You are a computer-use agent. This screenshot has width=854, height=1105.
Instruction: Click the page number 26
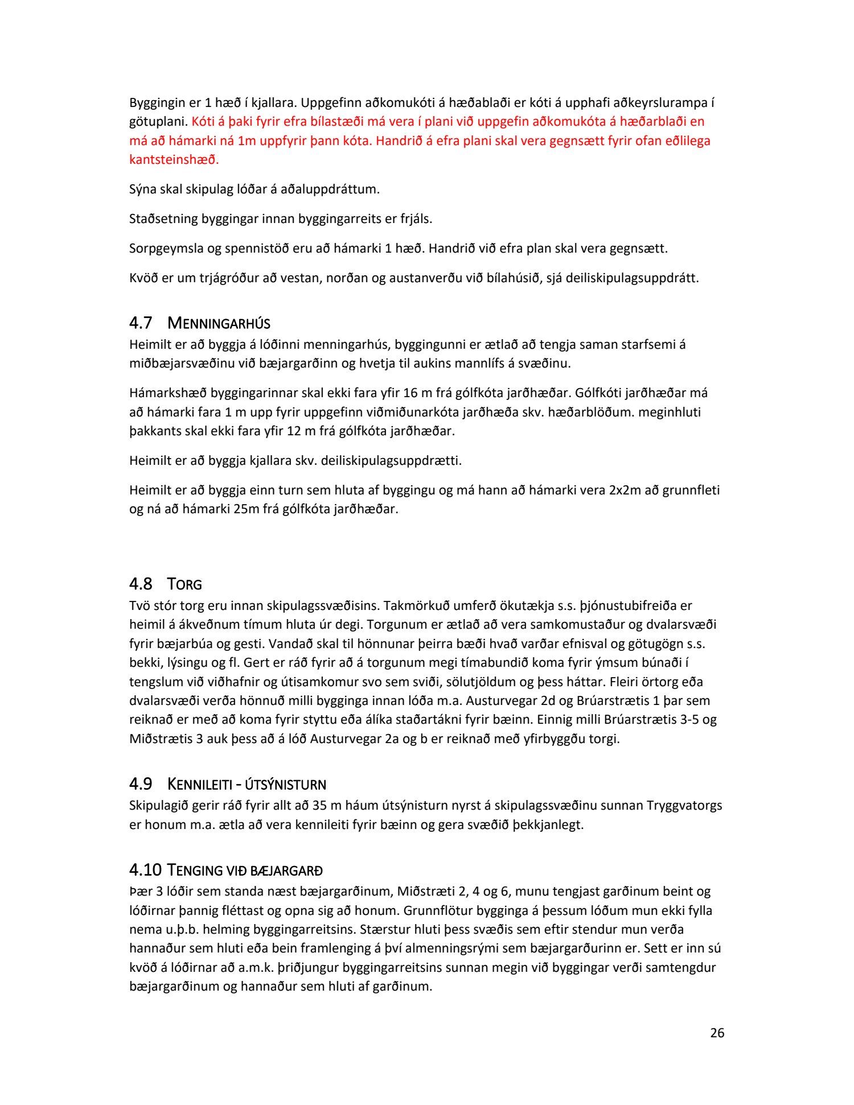717,1033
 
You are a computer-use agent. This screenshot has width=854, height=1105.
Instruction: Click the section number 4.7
141,323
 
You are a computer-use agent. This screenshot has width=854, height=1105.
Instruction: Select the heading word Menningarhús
219,324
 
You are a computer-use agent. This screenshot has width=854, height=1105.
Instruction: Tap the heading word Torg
184,584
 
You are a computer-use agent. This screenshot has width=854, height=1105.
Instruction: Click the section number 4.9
141,784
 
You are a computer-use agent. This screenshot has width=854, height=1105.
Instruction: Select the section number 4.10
146,870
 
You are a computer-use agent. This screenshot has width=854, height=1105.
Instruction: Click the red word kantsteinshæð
174,159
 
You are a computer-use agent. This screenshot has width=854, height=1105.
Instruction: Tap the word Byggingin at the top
157,103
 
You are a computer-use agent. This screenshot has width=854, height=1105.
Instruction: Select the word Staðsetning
163,218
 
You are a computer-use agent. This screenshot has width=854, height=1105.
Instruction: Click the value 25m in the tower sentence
245,509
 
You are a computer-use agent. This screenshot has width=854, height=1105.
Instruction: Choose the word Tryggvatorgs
684,806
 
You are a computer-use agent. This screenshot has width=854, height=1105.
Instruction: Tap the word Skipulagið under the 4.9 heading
158,806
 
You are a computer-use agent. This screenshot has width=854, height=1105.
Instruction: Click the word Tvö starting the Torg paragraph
139,605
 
